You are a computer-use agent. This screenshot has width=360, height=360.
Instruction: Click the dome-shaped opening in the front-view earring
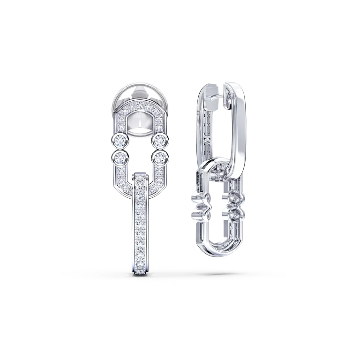[x=140, y=122]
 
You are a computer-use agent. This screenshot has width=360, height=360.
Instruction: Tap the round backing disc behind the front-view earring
[x=140, y=96]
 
